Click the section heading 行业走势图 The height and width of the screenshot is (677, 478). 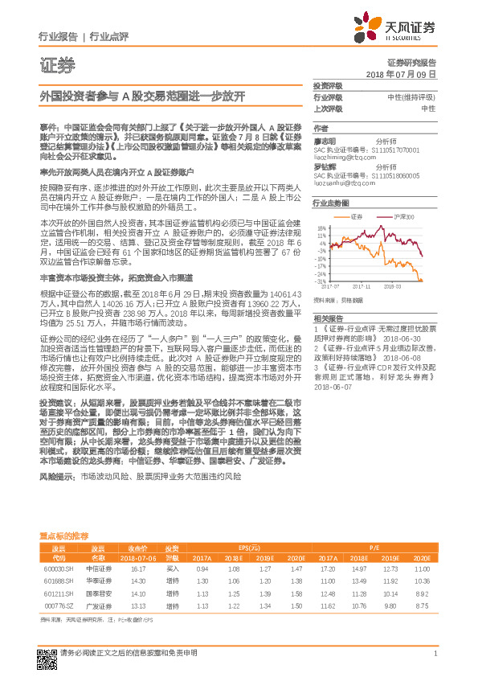(330, 204)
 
